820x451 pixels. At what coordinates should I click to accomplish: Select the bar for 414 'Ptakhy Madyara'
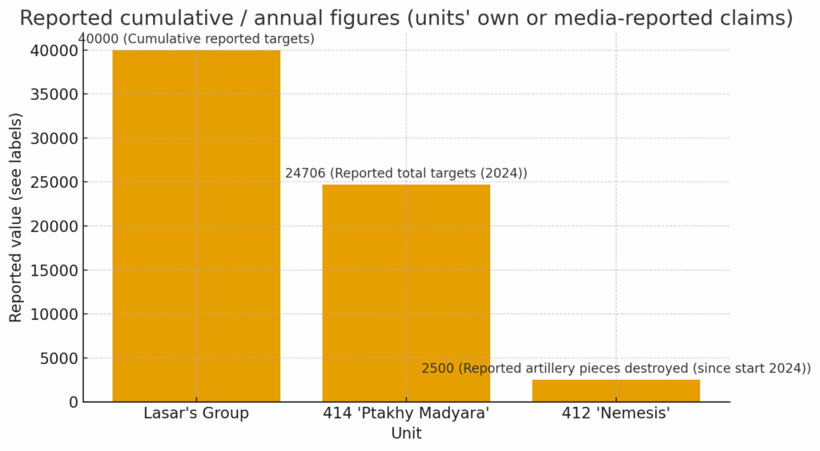coord(406,293)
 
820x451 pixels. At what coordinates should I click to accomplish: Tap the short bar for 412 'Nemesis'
coord(616,390)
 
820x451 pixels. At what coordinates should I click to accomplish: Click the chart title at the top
coord(406,18)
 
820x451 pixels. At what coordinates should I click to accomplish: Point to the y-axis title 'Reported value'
coord(16,218)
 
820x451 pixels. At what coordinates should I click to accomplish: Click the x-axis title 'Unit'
coord(406,433)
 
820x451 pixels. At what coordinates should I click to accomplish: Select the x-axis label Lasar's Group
coord(196,413)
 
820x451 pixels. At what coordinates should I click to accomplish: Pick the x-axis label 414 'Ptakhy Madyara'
coord(406,413)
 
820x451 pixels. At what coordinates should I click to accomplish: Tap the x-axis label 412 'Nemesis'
coord(616,413)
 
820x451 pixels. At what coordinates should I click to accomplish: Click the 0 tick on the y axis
coord(72,402)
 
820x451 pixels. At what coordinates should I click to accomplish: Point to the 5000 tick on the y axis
coord(58,358)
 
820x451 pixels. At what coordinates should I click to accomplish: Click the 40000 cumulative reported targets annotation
coord(196,38)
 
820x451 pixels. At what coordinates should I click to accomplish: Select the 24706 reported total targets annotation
coord(406,174)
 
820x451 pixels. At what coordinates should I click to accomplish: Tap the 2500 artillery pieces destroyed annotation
coord(616,368)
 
